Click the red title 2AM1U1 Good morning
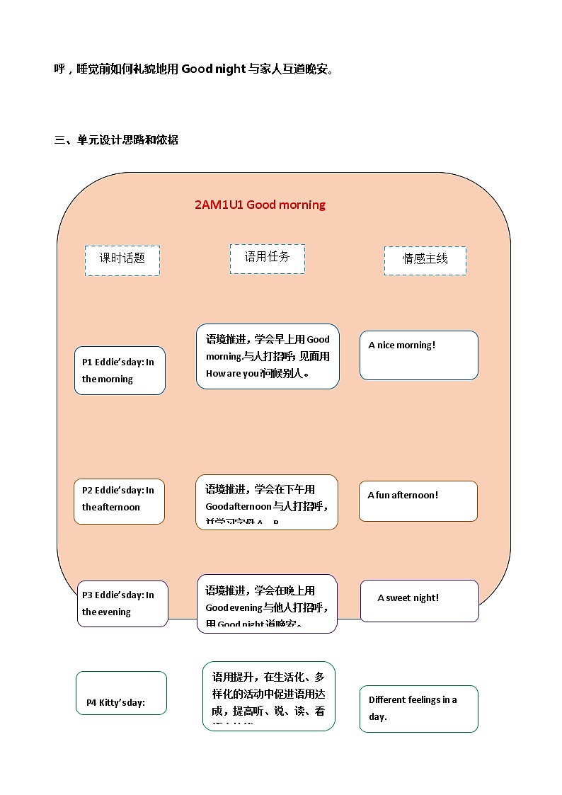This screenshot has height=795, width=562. click(260, 205)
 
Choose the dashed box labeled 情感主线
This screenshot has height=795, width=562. click(425, 260)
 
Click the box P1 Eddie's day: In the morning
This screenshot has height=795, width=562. click(120, 370)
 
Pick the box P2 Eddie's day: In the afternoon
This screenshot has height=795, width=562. click(119, 501)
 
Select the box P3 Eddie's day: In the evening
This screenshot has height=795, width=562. click(122, 603)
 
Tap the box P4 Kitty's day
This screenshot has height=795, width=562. click(121, 693)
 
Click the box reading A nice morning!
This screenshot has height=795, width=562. click(418, 355)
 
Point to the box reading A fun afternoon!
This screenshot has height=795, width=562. click(418, 501)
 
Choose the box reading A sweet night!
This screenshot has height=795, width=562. click(419, 600)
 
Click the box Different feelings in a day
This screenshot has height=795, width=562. click(418, 708)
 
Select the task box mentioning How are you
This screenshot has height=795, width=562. click(268, 356)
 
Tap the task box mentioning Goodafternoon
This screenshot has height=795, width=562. click(267, 502)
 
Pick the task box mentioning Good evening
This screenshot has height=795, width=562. click(267, 603)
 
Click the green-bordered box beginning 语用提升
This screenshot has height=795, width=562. click(268, 695)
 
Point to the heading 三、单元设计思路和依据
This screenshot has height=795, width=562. click(116, 140)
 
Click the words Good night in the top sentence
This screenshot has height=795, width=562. click(213, 69)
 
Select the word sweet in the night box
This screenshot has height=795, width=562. click(398, 598)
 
